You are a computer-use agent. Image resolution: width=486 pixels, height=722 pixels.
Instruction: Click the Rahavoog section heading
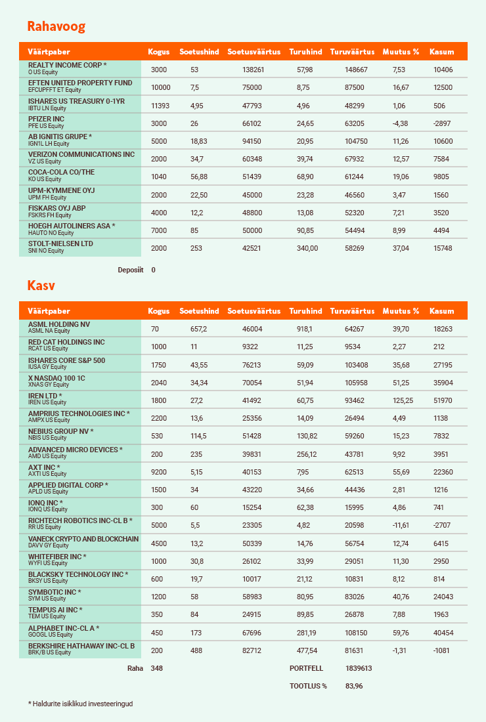(x=56, y=27)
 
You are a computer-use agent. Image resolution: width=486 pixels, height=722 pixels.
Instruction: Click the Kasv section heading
(x=41, y=286)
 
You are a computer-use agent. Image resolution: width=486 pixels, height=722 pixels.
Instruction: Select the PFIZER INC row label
(x=46, y=119)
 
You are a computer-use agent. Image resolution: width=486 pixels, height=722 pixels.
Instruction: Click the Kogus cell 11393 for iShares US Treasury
(x=160, y=106)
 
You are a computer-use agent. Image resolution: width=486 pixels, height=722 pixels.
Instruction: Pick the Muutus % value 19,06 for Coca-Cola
(x=400, y=177)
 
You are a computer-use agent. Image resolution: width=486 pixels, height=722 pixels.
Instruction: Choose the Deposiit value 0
(x=153, y=270)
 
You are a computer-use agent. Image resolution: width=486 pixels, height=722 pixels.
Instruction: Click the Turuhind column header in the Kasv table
(x=305, y=311)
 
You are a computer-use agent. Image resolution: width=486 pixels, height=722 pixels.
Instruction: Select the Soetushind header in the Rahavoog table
(x=199, y=52)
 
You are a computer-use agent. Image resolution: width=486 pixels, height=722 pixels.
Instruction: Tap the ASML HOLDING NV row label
(x=59, y=324)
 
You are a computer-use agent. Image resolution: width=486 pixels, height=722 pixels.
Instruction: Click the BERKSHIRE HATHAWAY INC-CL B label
(x=81, y=646)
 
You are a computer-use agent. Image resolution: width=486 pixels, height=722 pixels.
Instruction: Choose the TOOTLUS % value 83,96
(x=354, y=686)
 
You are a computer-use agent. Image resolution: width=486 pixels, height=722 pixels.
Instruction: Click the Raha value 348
(x=156, y=668)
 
